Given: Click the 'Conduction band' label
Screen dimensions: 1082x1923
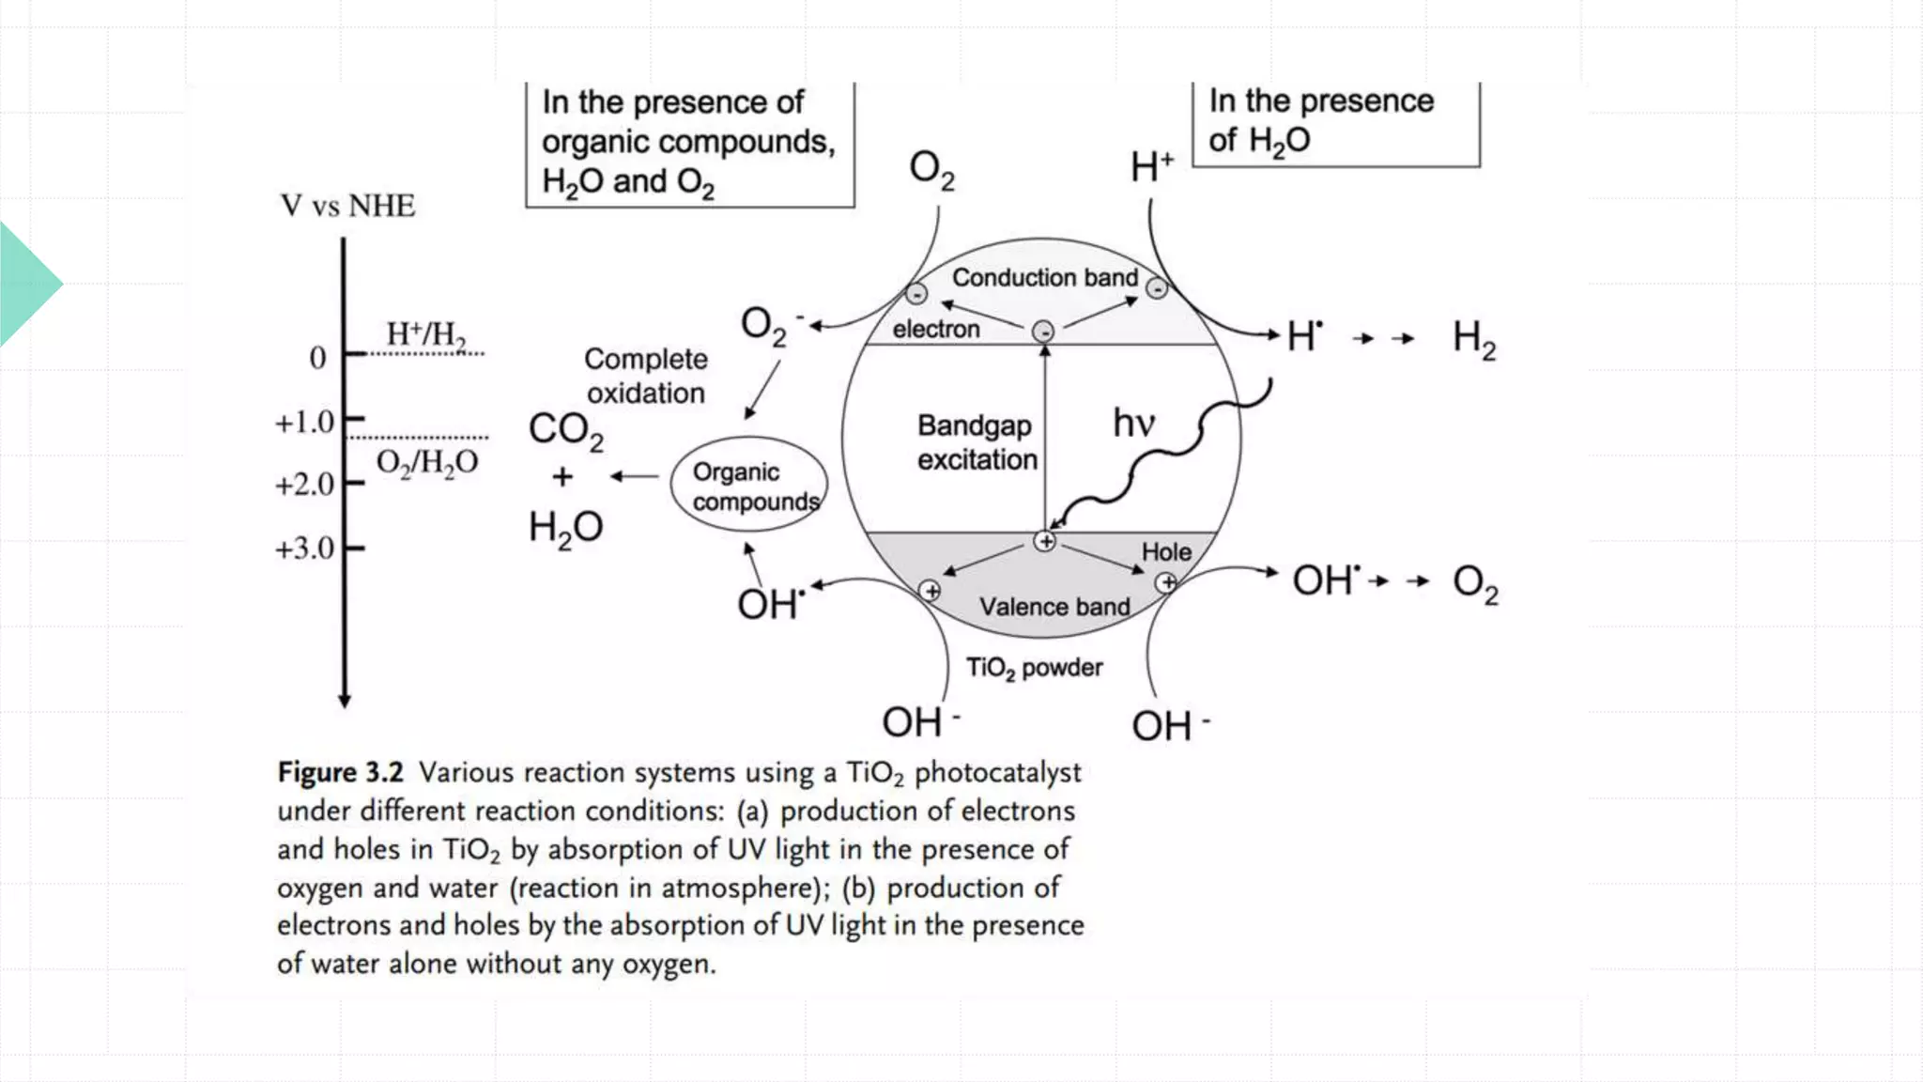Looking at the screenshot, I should pos(1044,278).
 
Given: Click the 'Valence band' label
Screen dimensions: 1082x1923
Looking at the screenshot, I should pos(1054,607).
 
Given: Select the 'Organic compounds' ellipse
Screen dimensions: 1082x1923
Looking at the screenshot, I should pos(749,486).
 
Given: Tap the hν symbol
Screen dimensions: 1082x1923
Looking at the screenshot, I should pos(1132,424).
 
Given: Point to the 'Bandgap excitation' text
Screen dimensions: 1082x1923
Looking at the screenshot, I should pos(977,442).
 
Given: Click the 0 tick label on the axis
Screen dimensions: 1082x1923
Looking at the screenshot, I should pos(317,358).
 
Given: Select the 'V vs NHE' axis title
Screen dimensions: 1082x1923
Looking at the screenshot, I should pos(347,206).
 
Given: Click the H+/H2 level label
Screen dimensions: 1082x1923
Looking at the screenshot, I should pos(425,333).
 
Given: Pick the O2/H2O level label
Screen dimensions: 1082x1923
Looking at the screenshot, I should pos(427,463).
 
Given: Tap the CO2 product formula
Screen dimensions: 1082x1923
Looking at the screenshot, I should pos(565,430).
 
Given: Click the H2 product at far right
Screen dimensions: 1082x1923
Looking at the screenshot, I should pos(1473,339).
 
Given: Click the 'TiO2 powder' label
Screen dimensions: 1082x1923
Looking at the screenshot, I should pos(1034,668).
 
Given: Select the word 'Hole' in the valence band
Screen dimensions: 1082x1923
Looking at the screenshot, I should pos(1165,552).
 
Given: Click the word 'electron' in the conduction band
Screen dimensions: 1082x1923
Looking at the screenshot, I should pos(935,330).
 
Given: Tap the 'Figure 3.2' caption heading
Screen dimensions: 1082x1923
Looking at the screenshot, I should pos(340,772).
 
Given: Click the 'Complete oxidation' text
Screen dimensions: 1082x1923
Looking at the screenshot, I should pos(645,376).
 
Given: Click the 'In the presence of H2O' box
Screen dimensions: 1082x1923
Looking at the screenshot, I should pos(1334,122).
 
